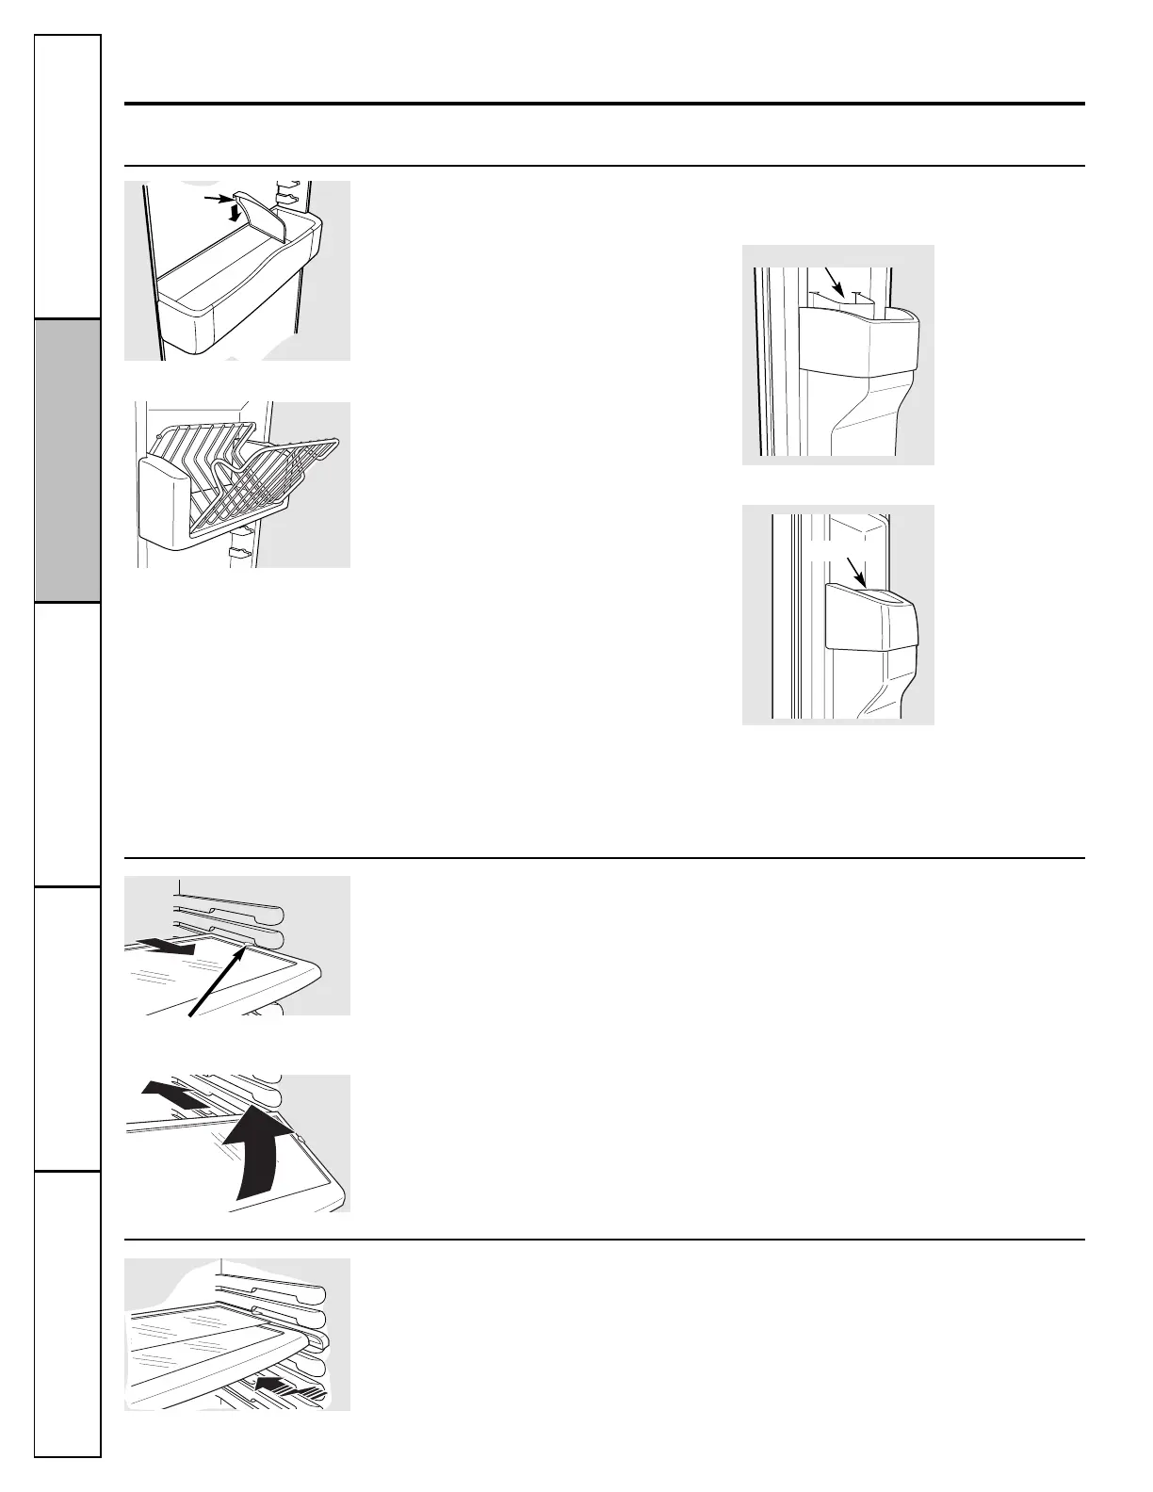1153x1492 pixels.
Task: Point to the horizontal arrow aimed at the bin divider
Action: [x=216, y=198]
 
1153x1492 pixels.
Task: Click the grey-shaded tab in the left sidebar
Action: [x=68, y=461]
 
